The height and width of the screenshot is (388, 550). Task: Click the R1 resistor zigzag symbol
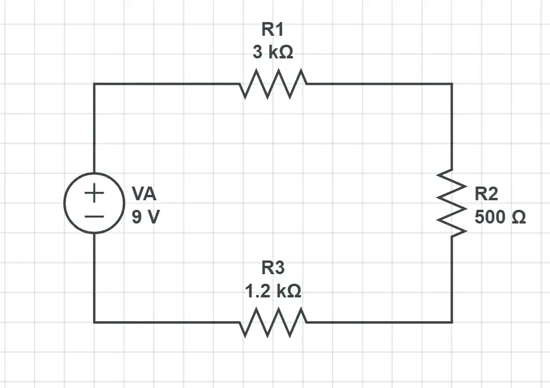pyautogui.click(x=274, y=84)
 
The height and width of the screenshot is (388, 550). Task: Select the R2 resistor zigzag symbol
pyautogui.click(x=452, y=203)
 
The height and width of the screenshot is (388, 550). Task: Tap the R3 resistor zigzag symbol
pyautogui.click(x=274, y=322)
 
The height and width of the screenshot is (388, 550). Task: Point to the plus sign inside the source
pyautogui.click(x=94, y=193)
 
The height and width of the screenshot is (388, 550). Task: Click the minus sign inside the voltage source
pyautogui.click(x=94, y=216)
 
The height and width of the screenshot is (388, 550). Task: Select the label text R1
pyautogui.click(x=272, y=29)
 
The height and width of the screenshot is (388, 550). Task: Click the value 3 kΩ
pyautogui.click(x=273, y=52)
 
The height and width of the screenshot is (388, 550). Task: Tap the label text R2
pyautogui.click(x=486, y=194)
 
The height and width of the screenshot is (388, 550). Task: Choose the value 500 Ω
pyautogui.click(x=500, y=217)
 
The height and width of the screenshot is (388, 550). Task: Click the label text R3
pyautogui.click(x=273, y=268)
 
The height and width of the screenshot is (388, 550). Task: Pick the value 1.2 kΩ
pyautogui.click(x=273, y=291)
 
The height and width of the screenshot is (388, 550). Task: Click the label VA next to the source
pyautogui.click(x=144, y=194)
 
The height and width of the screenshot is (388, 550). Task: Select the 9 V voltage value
pyautogui.click(x=145, y=217)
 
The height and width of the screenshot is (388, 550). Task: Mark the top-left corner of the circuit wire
pyautogui.click(x=94, y=84)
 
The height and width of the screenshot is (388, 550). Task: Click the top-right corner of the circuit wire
pyautogui.click(x=452, y=84)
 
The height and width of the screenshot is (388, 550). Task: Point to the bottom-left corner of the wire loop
pyautogui.click(x=94, y=322)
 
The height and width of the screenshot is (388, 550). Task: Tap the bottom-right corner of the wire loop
pyautogui.click(x=452, y=322)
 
